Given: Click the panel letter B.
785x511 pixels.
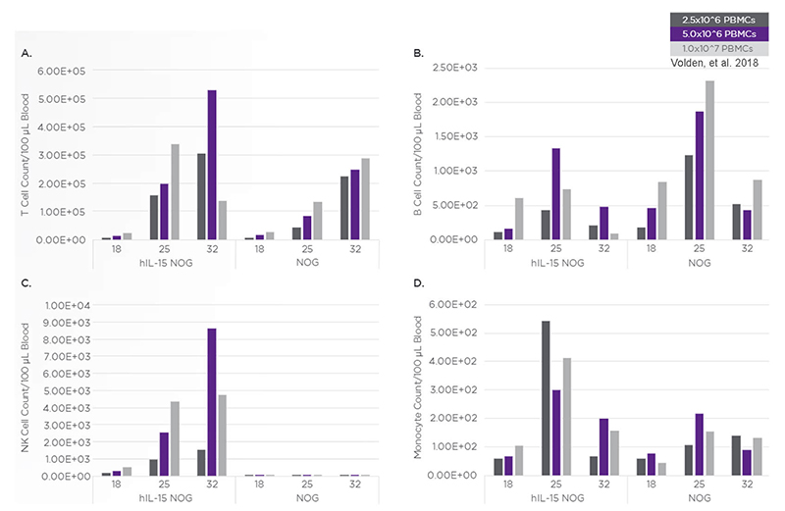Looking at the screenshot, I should pyautogui.click(x=419, y=52).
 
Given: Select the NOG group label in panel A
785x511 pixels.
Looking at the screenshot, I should pyautogui.click(x=301, y=266).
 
